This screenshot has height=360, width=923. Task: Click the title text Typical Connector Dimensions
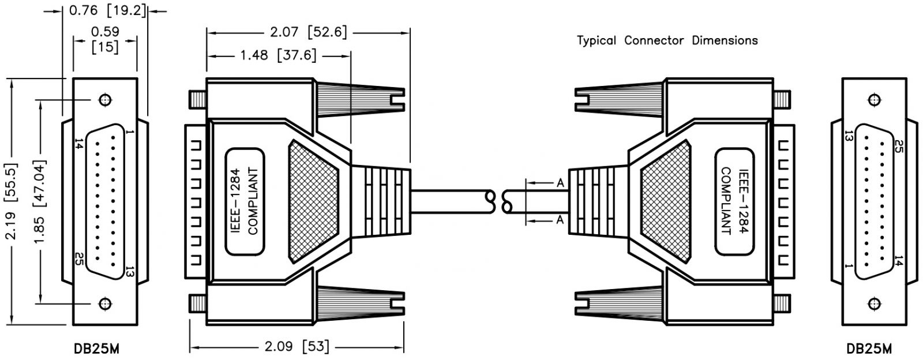point(667,40)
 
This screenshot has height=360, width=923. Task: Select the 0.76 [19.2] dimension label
point(107,10)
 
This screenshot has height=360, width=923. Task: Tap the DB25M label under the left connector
point(97,349)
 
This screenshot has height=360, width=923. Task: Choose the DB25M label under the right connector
point(869,349)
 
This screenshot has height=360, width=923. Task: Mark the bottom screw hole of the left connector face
point(105,302)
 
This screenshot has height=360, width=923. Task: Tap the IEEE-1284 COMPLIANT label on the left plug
point(245,201)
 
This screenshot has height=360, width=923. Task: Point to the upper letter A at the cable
point(560,183)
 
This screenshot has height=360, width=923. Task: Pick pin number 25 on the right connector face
point(898,145)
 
